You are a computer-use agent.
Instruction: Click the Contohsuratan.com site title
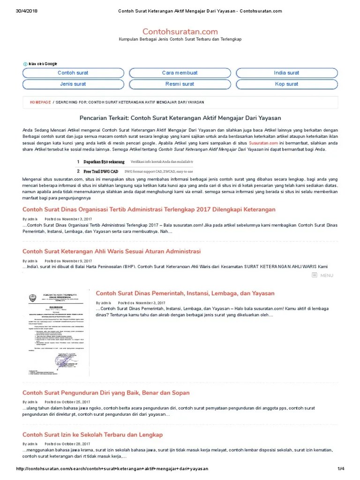coord(180,31)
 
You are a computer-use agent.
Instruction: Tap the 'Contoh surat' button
coord(73,73)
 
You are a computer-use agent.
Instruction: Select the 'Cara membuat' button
coord(180,73)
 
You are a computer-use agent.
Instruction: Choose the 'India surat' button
coord(286,73)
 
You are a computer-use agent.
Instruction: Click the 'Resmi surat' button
coord(180,84)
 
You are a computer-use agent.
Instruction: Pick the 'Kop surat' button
coord(286,84)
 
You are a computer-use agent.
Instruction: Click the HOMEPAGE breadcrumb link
coord(40,102)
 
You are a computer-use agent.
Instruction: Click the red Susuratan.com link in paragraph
coord(263,142)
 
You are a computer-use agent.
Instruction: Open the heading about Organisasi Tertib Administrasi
coord(149,210)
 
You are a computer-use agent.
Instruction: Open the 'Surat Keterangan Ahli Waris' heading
coord(112,252)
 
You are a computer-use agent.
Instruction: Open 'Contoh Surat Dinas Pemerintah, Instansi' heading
coord(185,293)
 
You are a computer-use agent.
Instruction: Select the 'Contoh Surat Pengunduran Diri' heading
coord(106,393)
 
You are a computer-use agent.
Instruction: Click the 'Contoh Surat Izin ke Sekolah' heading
coord(92,435)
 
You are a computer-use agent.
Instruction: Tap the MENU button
coord(322,276)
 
